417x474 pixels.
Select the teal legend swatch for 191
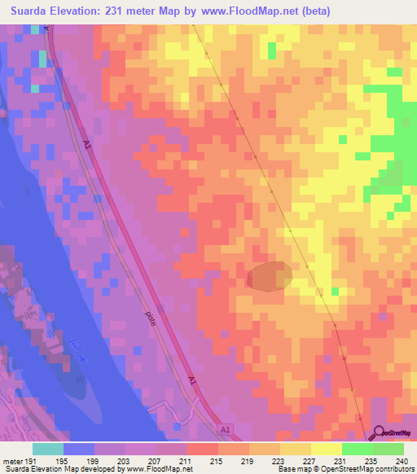click(48, 450)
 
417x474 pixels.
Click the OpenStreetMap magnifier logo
click(380, 435)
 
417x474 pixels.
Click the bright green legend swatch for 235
click(357, 450)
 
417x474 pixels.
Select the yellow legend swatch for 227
click(295, 450)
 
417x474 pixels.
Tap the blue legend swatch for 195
click(79, 450)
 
